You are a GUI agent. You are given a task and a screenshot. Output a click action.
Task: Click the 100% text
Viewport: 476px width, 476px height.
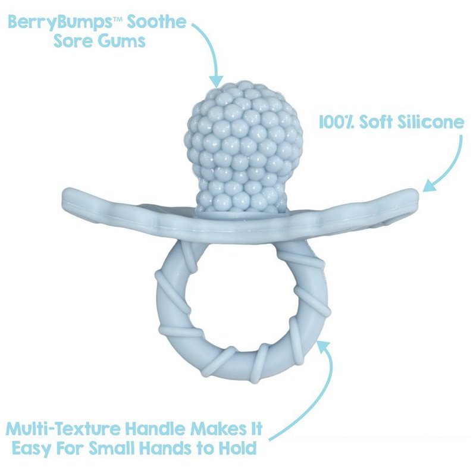point(336,123)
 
